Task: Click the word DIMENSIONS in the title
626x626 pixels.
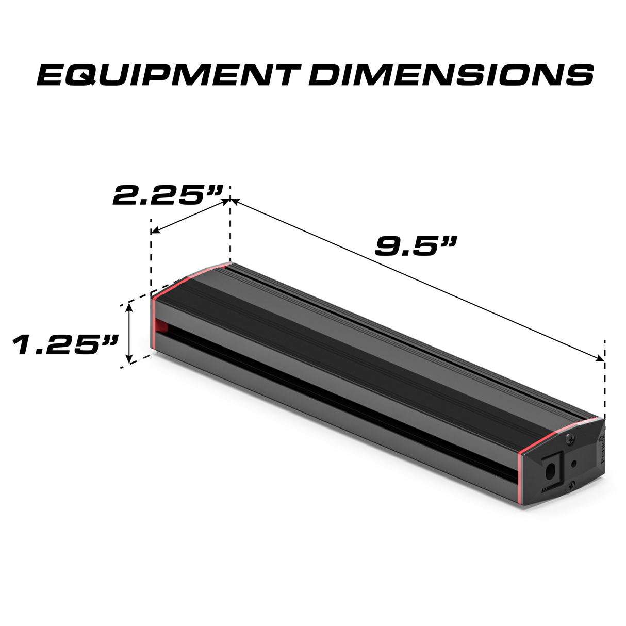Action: (451, 75)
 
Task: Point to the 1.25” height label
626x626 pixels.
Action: (65, 344)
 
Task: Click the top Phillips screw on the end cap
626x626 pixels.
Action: (570, 439)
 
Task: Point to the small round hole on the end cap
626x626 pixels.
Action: (573, 463)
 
